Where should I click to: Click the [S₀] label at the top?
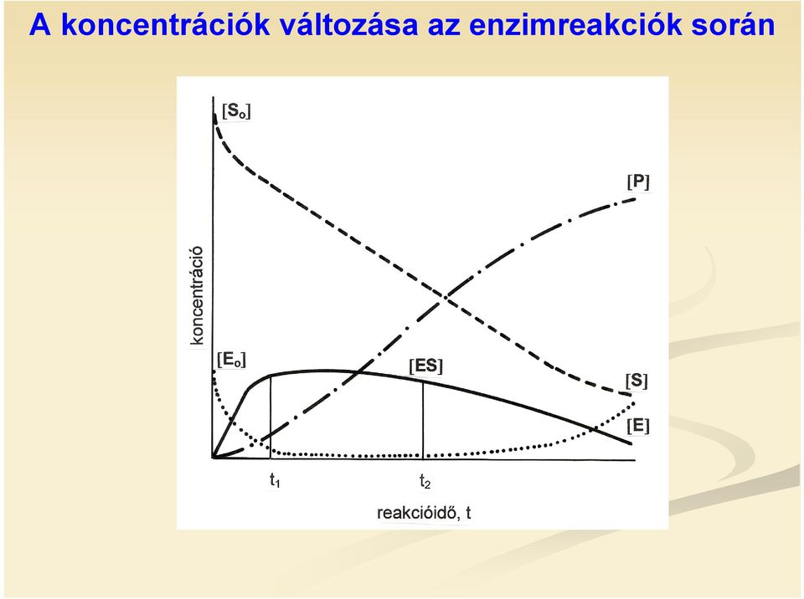pyautogui.click(x=236, y=110)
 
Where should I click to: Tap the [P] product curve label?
pyautogui.click(x=638, y=182)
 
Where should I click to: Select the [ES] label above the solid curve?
pyautogui.click(x=425, y=366)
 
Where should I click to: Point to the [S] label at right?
pyautogui.click(x=636, y=381)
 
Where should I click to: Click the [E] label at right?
pyautogui.click(x=638, y=426)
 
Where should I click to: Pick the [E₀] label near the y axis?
pyautogui.click(x=231, y=360)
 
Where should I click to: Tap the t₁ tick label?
pyautogui.click(x=275, y=481)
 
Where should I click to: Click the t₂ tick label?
pyautogui.click(x=425, y=481)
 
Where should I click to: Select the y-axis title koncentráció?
pyautogui.click(x=197, y=295)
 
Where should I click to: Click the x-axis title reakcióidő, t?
pyautogui.click(x=424, y=512)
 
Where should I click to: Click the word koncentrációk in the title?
pyautogui.click(x=165, y=24)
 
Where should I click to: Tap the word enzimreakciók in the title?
pyautogui.click(x=575, y=24)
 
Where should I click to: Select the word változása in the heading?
pyautogui.click(x=348, y=24)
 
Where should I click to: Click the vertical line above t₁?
pyautogui.click(x=271, y=417)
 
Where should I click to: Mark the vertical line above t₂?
pyautogui.click(x=423, y=419)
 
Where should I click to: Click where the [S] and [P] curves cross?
pyautogui.click(x=445, y=297)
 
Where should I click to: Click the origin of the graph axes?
pyautogui.click(x=213, y=458)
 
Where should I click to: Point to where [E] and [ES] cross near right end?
pyautogui.click(x=594, y=427)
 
